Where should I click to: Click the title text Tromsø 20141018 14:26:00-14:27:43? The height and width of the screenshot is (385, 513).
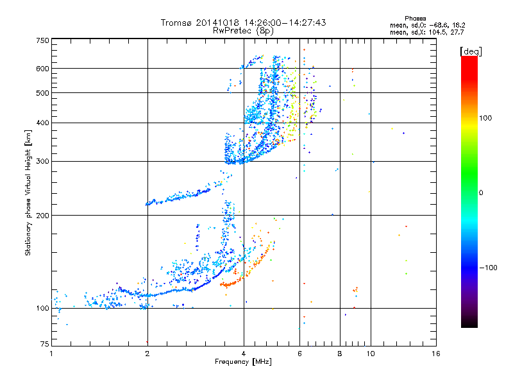click(x=244, y=22)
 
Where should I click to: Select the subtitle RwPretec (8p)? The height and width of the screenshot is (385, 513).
click(x=244, y=30)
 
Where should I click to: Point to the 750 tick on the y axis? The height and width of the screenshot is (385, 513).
click(x=42, y=40)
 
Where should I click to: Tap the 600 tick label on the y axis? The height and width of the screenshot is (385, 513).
click(x=42, y=68)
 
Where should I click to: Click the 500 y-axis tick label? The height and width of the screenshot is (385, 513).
click(x=42, y=93)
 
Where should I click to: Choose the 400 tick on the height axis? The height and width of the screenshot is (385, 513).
click(x=42, y=123)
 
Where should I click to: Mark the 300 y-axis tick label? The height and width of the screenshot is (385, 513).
click(x=42, y=161)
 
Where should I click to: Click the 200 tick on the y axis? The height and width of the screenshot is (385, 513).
click(x=42, y=215)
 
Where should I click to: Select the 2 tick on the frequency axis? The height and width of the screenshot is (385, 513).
click(x=147, y=354)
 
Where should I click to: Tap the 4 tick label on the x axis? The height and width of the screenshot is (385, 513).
click(x=244, y=354)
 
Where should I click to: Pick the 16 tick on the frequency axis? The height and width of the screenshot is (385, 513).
click(x=435, y=354)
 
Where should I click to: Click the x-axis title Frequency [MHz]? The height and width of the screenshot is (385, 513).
click(x=243, y=362)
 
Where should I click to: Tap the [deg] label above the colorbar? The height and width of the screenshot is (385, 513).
click(x=471, y=51)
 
